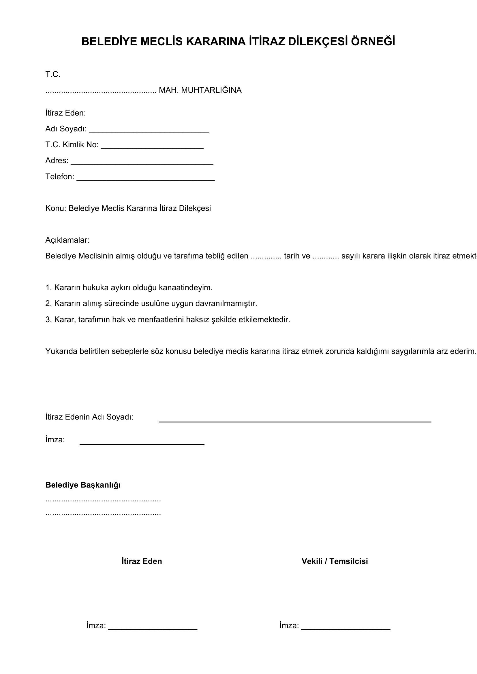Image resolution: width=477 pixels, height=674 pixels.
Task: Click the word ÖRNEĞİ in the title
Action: click(373, 41)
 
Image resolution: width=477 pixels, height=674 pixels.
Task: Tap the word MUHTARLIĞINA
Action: click(211, 90)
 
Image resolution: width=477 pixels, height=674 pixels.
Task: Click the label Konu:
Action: click(56, 208)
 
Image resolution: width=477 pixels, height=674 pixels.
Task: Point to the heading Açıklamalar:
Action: click(67, 240)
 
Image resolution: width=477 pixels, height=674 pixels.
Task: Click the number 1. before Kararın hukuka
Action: click(48, 288)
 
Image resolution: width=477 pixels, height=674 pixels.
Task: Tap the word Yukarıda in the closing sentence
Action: click(61, 351)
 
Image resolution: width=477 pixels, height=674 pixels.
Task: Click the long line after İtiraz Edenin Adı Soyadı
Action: click(295, 422)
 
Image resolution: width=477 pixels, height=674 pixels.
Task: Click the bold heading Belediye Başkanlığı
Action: click(83, 485)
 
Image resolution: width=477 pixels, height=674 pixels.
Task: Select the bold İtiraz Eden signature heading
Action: click(142, 561)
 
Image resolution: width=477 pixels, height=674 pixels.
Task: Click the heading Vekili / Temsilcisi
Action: click(335, 561)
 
